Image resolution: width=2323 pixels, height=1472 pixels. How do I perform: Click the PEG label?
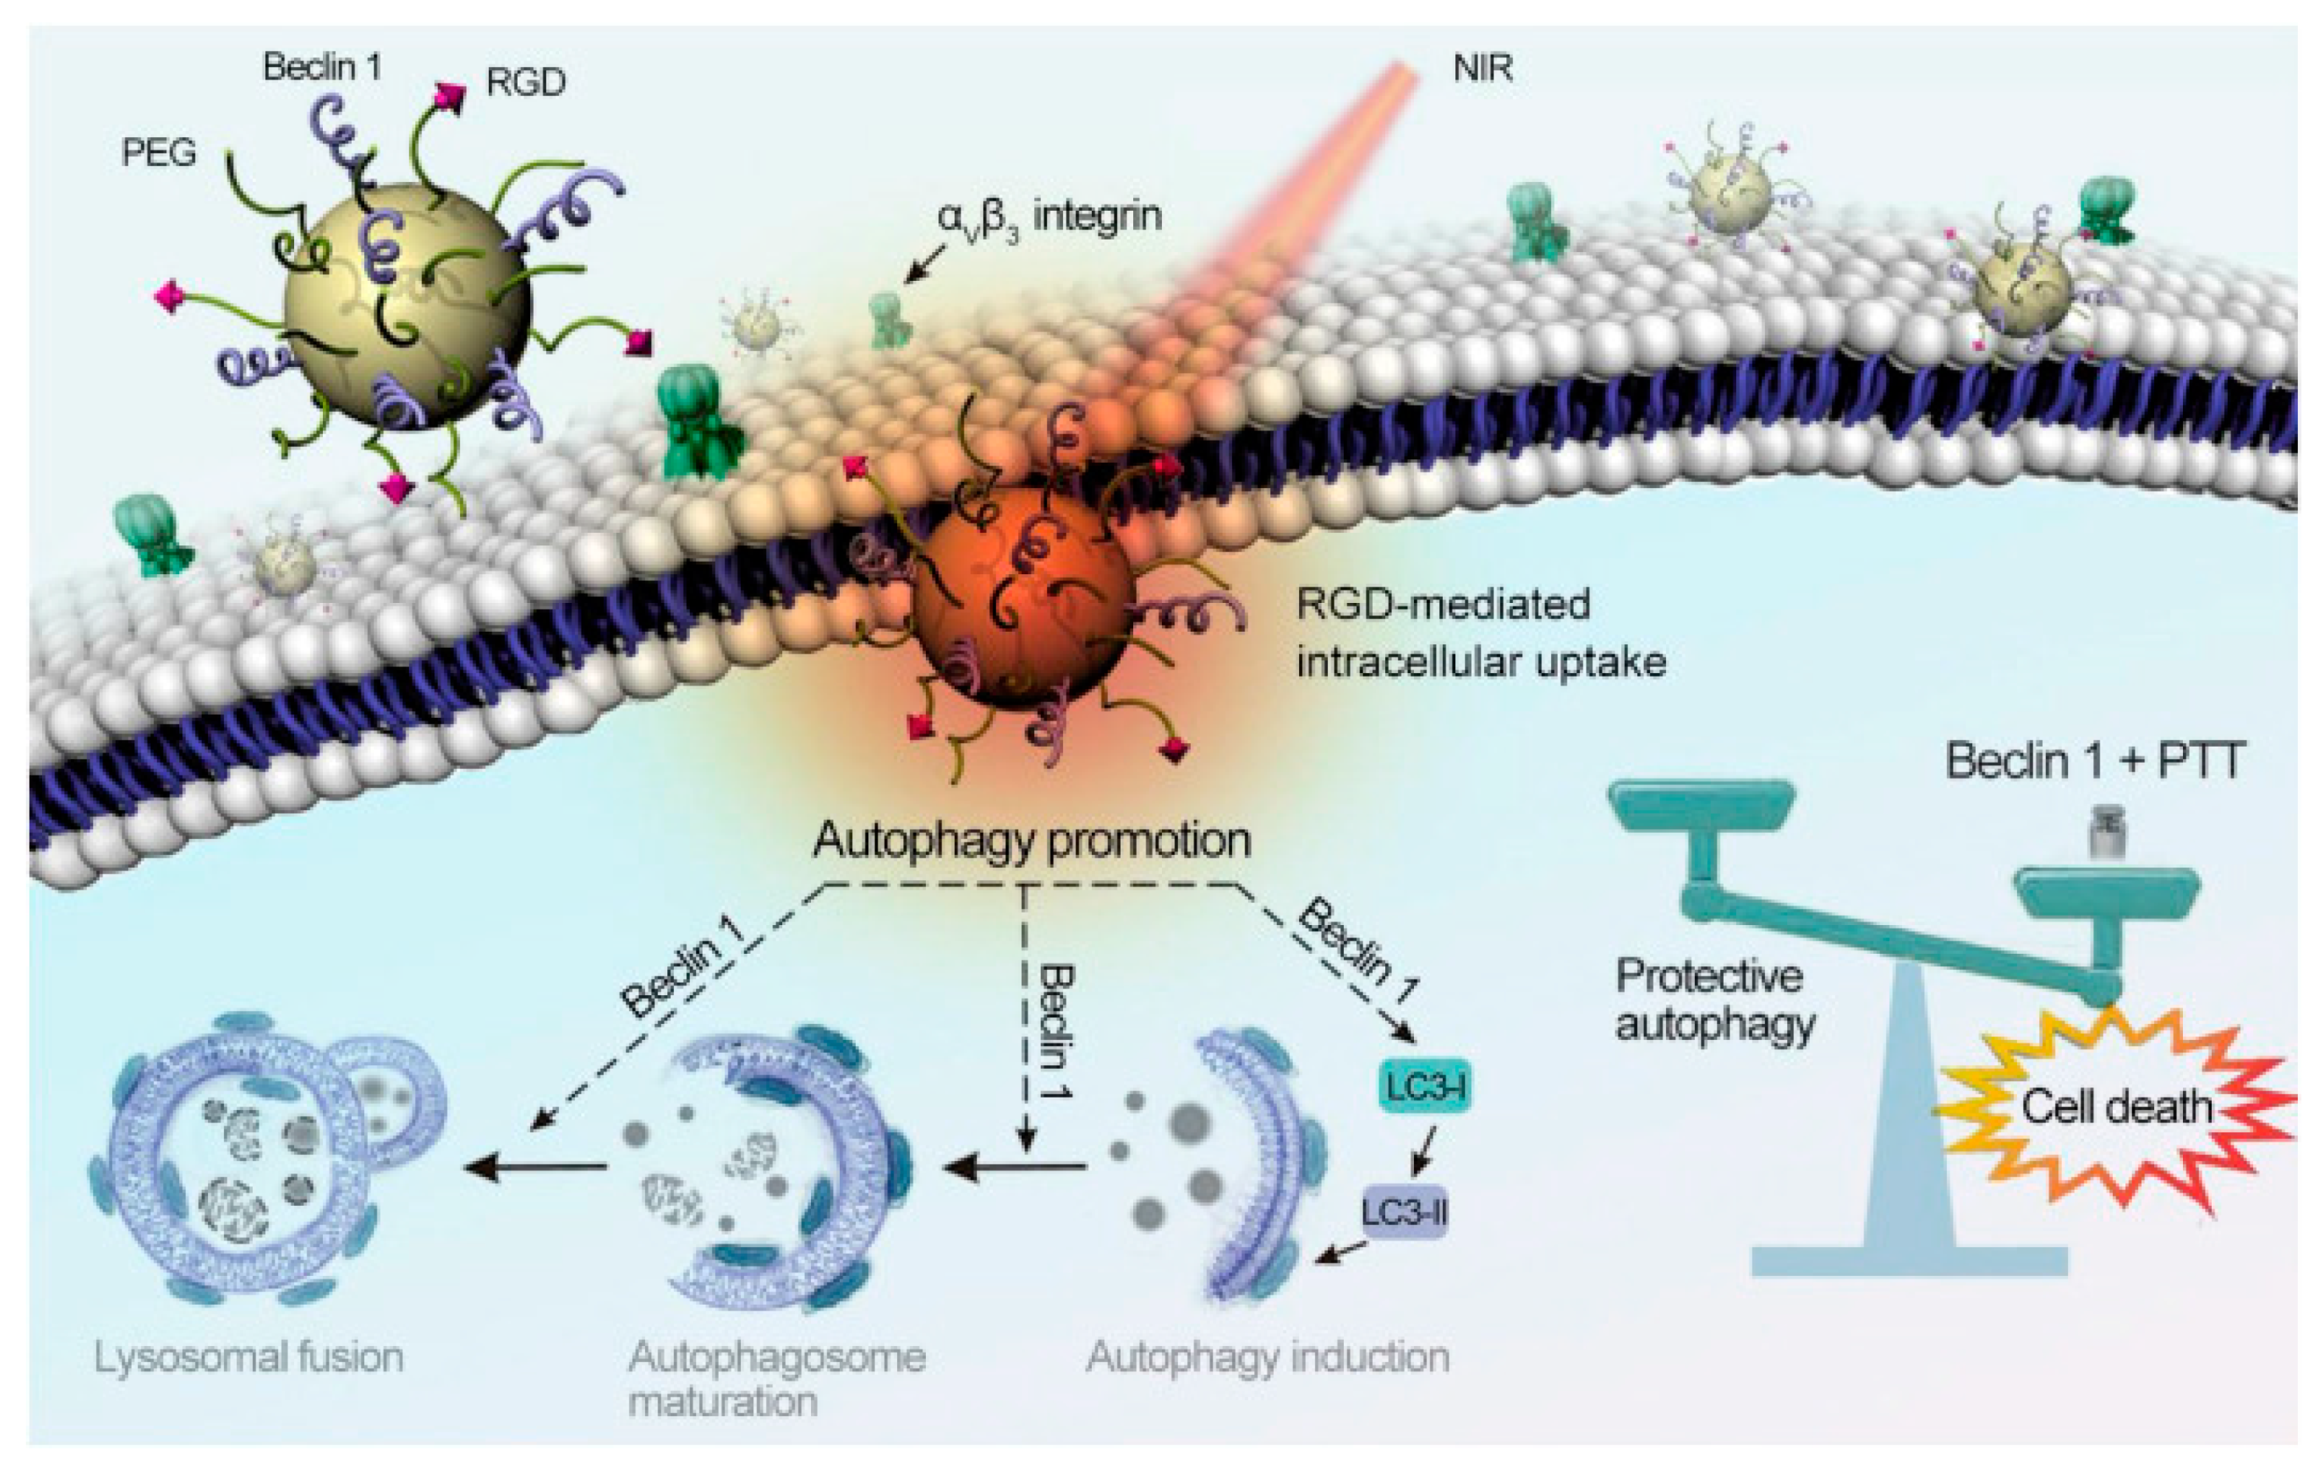coord(159,153)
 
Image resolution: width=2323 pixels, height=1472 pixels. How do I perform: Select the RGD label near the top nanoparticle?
coord(526,84)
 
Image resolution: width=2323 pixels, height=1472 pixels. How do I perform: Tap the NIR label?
coord(1483,69)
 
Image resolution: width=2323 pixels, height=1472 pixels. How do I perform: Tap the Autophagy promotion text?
coord(1031,840)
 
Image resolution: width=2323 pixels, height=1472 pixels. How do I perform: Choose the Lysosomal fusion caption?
coord(249,1357)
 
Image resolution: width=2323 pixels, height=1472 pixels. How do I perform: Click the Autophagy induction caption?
coord(1267,1357)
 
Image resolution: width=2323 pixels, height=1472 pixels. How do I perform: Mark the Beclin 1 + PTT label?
coord(2094,762)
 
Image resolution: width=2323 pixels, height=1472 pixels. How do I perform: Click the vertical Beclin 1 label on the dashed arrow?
coord(1056,1032)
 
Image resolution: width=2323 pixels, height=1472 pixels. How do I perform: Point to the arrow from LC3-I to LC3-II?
coord(1422,1150)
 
